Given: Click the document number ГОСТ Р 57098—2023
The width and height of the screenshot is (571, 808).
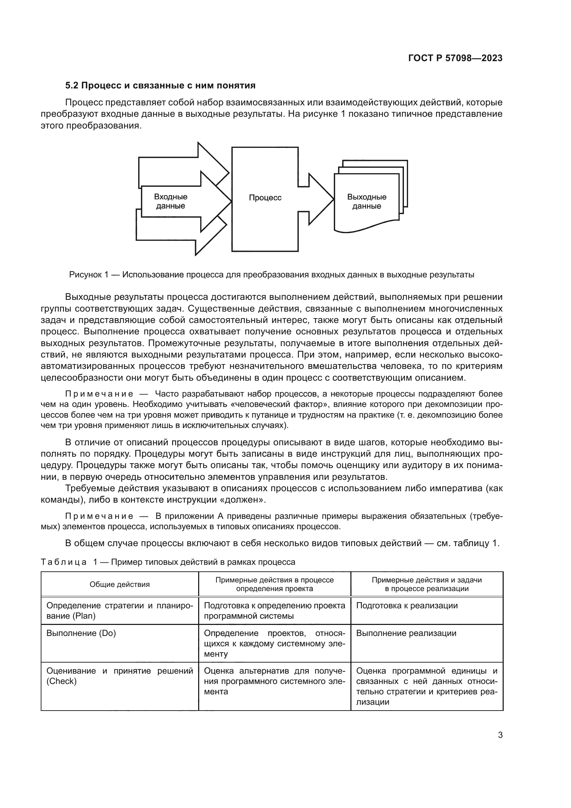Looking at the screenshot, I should click(x=455, y=58).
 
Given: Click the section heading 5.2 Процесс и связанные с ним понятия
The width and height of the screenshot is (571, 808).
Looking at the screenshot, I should click(x=160, y=86).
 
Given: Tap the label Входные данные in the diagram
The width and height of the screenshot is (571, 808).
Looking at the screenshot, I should click(x=171, y=201).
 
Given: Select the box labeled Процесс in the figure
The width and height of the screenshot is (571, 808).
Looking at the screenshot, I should click(x=265, y=198).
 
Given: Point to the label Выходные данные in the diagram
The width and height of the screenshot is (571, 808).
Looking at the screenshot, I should click(x=366, y=202).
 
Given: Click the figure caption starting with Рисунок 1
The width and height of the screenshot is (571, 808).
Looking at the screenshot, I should click(x=271, y=275).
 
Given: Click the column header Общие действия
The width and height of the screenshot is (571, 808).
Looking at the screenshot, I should click(x=119, y=584).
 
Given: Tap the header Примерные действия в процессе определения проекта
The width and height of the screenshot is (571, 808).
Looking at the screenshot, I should click(x=274, y=584).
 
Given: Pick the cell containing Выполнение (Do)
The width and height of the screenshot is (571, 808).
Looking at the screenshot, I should click(x=81, y=633).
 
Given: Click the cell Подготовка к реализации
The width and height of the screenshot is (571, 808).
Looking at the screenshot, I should click(x=407, y=606).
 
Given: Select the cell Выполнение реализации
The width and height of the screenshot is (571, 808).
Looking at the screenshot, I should click(x=406, y=633).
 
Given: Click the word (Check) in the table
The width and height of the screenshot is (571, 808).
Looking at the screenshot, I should click(x=61, y=681).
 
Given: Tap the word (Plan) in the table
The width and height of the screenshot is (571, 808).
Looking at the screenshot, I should click(x=84, y=616).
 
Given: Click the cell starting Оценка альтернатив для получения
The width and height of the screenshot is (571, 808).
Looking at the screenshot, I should click(x=274, y=681).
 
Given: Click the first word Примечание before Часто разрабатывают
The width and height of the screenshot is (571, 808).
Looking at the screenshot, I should click(x=99, y=394).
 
